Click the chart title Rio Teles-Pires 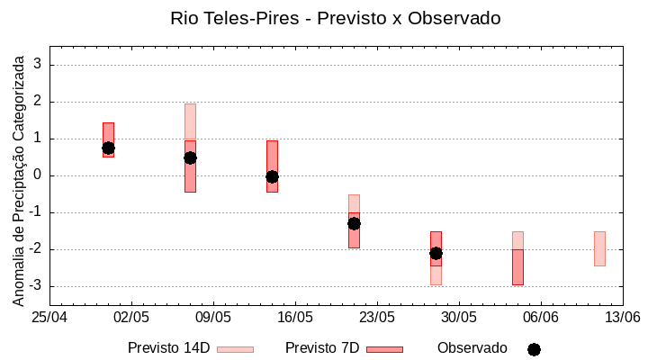(336, 18)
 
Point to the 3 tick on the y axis (39, 65)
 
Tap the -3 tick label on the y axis (36, 286)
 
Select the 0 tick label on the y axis (39, 175)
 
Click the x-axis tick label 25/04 (49, 318)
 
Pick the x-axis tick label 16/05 (294, 318)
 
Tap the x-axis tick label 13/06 (622, 318)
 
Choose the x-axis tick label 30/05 (458, 318)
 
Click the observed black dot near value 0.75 (108, 148)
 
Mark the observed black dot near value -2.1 (436, 253)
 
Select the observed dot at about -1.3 (354, 223)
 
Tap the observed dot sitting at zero (272, 176)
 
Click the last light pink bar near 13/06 (599, 248)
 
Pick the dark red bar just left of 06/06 (517, 267)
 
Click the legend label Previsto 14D (168, 348)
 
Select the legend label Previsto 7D (322, 348)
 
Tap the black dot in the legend (534, 349)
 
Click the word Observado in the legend (472, 348)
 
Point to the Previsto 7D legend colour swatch (384, 349)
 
